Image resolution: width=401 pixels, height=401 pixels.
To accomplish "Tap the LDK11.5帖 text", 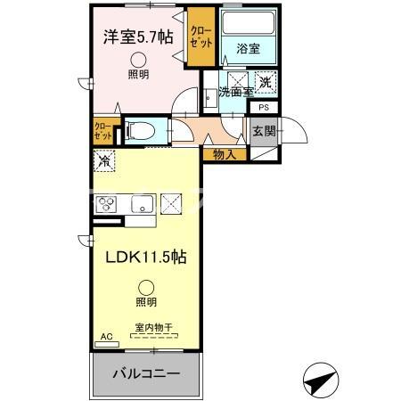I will click(148, 257).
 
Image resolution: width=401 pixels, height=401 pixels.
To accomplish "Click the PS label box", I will click(265, 108).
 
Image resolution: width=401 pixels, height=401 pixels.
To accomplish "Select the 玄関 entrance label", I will click(264, 131).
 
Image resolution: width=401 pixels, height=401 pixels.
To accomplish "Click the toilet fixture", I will click(140, 131).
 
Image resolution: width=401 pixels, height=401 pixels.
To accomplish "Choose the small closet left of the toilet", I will click(103, 132).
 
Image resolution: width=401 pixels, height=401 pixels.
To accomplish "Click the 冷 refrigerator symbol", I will click(105, 163).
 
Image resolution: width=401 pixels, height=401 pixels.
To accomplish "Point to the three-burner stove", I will click(106, 203).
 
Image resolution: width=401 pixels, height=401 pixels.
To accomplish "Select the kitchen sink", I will click(142, 204).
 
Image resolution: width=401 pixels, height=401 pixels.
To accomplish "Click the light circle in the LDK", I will click(146, 287).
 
